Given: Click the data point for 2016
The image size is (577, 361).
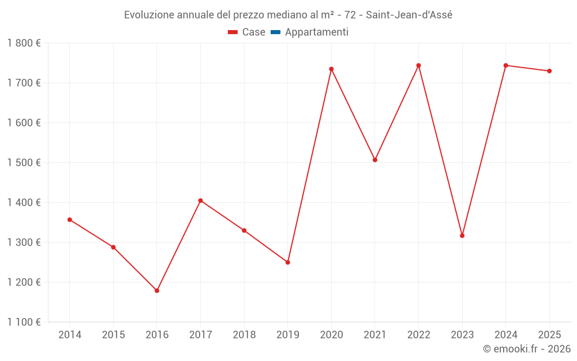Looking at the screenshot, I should [x=157, y=291].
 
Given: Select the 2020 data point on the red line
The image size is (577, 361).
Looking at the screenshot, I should [x=331, y=69].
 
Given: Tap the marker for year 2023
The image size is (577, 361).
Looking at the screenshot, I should [x=462, y=236].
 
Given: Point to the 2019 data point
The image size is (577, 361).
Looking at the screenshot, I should [x=288, y=262].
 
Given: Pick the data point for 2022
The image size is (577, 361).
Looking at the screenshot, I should [x=418, y=65].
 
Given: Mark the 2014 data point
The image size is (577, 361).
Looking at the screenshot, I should [x=70, y=219].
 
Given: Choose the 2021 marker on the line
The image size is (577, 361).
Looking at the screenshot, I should [x=375, y=160].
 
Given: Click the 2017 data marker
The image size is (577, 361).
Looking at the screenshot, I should [x=200, y=200].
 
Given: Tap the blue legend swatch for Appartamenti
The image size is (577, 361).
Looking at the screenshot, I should [x=275, y=32].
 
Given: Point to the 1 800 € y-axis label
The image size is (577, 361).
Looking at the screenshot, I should [x=24, y=43].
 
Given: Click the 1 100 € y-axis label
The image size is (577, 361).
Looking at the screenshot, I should [x=24, y=322].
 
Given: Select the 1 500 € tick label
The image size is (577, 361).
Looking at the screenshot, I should [x=24, y=162].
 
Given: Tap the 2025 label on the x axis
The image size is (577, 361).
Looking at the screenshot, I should [x=549, y=334].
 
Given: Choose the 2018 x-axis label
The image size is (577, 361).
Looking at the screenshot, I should [x=244, y=334].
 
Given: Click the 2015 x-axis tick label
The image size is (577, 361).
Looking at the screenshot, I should [x=113, y=334].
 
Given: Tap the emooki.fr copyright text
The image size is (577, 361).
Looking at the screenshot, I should [x=527, y=349].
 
